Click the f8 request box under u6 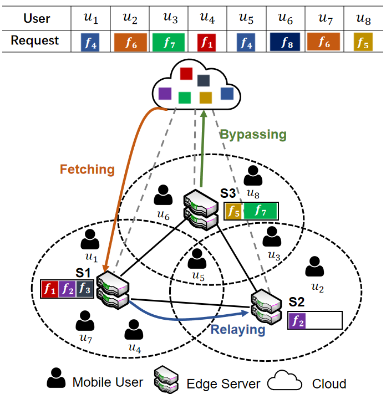coord(285,42)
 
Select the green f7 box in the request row coord(169,42)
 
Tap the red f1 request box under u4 coord(206,43)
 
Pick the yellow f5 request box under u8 coord(363,42)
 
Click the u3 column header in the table coord(170,18)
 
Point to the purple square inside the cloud coord(165,94)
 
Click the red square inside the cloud coord(186,73)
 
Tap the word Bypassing coord(253,135)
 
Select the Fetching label coord(87,169)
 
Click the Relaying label coord(238,330)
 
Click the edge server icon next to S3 coord(201,210)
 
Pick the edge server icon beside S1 coord(113,290)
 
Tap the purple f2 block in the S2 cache coord(297,320)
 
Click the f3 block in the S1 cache coord(84,289)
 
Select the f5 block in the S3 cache coord(233,211)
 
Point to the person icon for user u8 coord(253,176)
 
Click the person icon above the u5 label coord(197,259)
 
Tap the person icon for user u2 coord(314,267)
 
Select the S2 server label coord(297,302)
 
